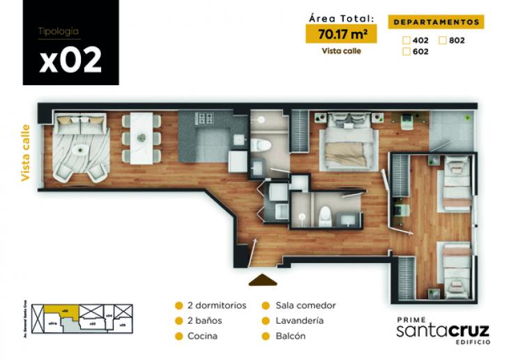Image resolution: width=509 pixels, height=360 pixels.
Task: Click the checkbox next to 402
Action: point(406,40)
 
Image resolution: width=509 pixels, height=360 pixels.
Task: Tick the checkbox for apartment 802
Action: point(443,40)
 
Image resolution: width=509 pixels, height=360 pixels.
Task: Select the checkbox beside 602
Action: point(406,51)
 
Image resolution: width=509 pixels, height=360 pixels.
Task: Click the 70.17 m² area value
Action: point(342,33)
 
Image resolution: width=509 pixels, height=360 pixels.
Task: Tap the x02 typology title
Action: point(70,60)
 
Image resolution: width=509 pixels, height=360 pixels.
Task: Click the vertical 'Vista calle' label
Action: point(26,153)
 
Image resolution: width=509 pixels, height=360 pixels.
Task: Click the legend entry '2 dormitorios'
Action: point(216,306)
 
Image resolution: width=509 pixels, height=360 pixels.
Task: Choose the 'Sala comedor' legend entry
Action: point(305,306)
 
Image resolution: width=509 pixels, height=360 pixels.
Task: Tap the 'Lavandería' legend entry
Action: point(300,321)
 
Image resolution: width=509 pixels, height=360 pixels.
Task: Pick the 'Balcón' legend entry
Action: point(291,336)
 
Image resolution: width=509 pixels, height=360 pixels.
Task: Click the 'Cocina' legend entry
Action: point(202,336)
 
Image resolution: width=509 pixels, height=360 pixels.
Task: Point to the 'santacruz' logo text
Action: point(442,330)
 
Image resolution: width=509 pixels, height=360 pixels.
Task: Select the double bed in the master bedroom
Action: point(347,142)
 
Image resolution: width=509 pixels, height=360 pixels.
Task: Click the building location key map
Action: point(82,317)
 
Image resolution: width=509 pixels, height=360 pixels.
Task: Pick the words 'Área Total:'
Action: point(341,19)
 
